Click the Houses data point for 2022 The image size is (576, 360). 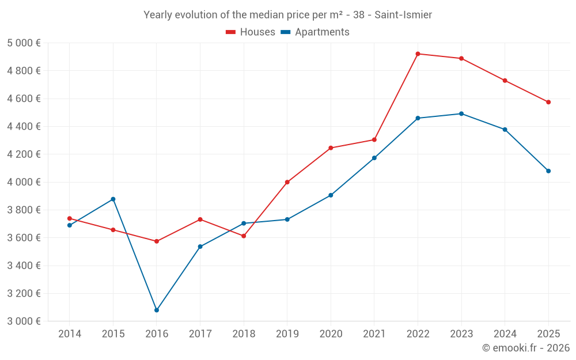[418, 54]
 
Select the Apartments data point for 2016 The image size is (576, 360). [157, 310]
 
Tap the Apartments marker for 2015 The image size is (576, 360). [113, 199]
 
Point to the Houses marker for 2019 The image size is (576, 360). [287, 182]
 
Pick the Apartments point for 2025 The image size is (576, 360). [548, 171]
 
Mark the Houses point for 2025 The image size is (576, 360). [548, 102]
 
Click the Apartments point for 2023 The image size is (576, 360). [461, 113]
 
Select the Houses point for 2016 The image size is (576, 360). [157, 241]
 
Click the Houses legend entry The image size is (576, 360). [251, 32]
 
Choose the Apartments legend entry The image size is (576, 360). [315, 32]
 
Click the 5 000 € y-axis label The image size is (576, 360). [24, 43]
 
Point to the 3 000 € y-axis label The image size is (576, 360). [24, 321]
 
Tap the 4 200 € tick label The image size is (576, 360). [24, 154]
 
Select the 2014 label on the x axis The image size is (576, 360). [70, 334]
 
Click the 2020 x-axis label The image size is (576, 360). [331, 334]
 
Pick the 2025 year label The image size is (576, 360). [548, 334]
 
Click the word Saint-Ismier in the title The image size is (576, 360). [403, 15]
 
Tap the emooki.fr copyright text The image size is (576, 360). [525, 348]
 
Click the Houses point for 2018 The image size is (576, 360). [244, 236]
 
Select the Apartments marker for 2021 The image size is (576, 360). [374, 158]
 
